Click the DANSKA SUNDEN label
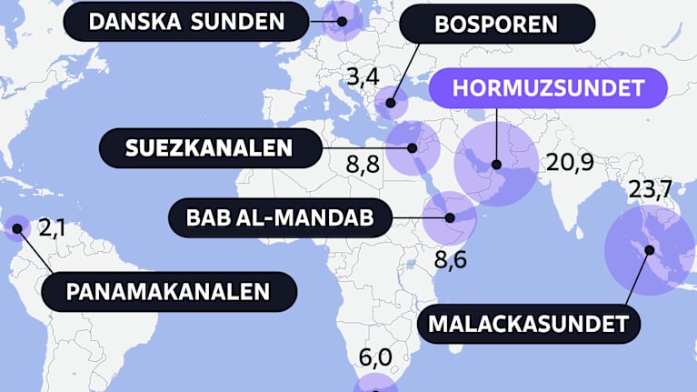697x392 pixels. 186,20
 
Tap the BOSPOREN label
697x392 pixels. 496,24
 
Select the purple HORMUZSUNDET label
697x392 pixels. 548,89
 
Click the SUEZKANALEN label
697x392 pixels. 209,147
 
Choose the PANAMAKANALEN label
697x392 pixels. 169,292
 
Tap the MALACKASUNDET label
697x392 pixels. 529,322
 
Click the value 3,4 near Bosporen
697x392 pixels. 363,76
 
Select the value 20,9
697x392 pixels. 570,163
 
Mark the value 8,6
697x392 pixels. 450,261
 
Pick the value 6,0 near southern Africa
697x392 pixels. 375,357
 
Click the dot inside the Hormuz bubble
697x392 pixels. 497,165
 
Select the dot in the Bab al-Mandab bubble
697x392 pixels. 451,217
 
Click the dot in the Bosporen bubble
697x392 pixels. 392,104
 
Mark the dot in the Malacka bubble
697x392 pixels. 649,249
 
